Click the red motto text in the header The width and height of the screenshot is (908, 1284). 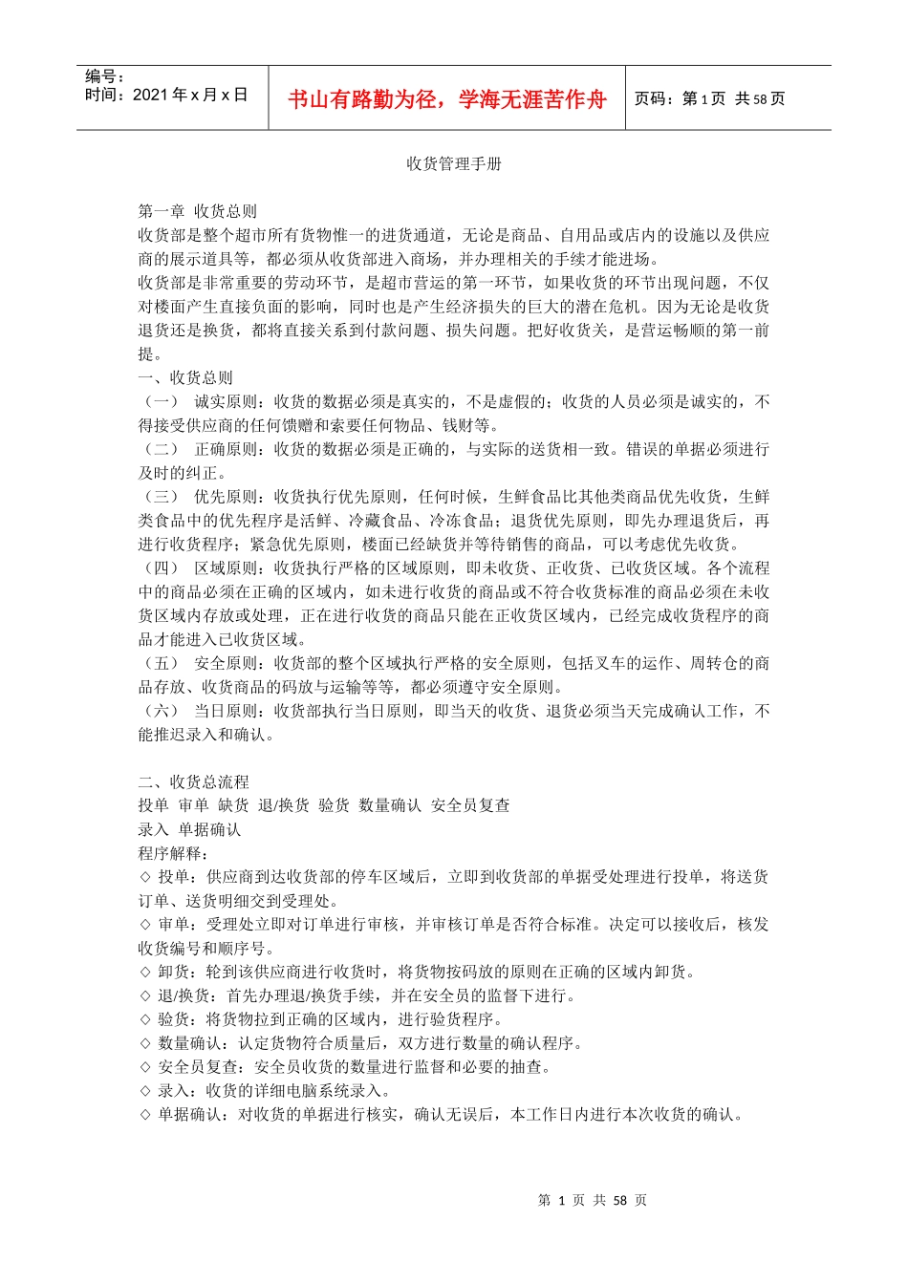click(x=446, y=99)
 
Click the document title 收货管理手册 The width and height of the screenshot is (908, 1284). click(x=454, y=163)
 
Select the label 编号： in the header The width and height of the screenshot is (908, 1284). click(x=105, y=76)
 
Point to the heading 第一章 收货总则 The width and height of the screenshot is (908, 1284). click(x=197, y=211)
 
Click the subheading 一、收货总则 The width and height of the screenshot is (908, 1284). click(x=185, y=377)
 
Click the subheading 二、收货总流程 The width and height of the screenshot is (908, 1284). click(x=193, y=781)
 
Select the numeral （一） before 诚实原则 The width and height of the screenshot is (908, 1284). click(x=161, y=401)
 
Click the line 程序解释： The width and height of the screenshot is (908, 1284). click(x=173, y=853)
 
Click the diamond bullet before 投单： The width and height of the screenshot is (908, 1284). click(x=145, y=877)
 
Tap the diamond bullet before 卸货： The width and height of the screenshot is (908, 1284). click(x=145, y=972)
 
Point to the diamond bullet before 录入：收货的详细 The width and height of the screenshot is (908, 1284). click(x=145, y=1091)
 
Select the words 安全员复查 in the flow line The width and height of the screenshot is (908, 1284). click(x=470, y=805)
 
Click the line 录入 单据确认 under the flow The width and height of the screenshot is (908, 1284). click(x=189, y=829)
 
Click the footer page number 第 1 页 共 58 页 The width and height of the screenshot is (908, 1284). click(x=593, y=1200)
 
